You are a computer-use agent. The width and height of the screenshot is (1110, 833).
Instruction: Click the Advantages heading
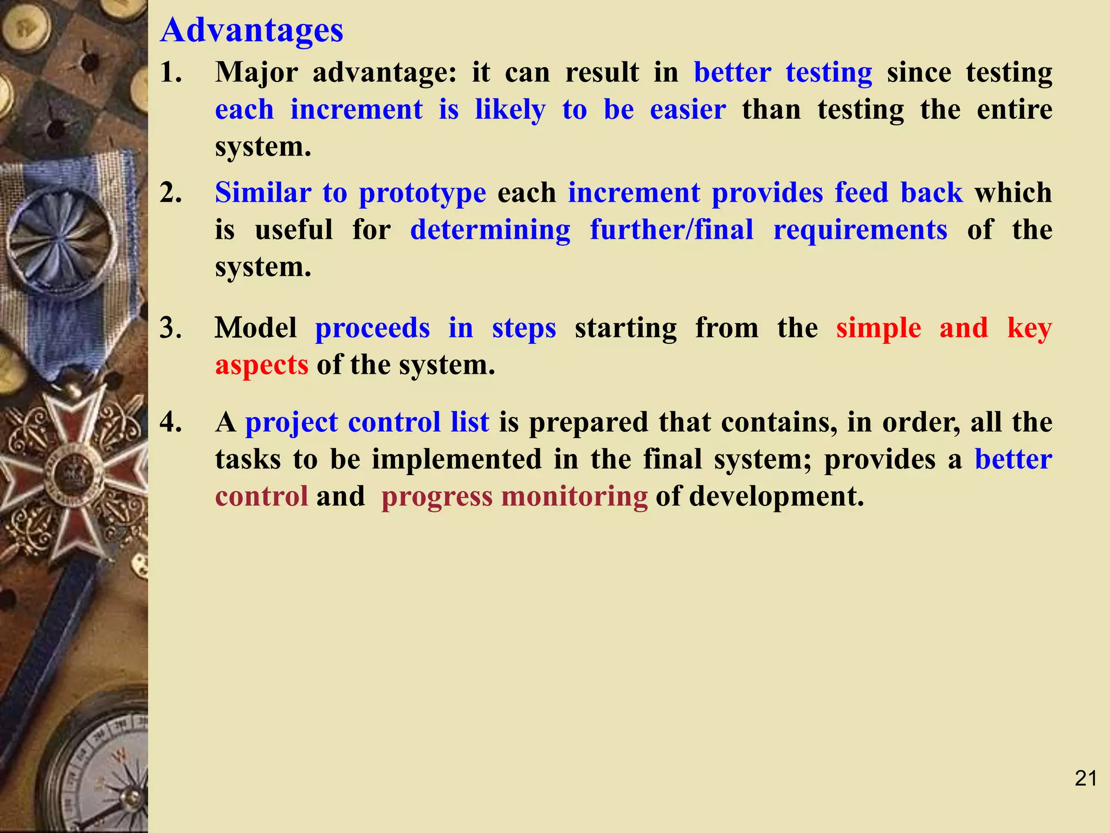click(x=252, y=30)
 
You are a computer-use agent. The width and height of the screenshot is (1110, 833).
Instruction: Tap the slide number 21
click(x=1086, y=779)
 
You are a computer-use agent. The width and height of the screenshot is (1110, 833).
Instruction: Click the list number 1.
click(x=171, y=73)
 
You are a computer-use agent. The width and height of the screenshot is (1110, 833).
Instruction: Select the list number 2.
click(x=171, y=193)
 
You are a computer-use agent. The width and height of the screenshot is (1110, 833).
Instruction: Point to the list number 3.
click(x=171, y=329)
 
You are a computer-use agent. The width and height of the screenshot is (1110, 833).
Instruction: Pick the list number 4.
click(x=171, y=422)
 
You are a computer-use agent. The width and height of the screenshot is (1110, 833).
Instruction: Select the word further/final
click(x=672, y=230)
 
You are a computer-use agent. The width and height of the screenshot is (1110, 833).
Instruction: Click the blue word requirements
click(x=860, y=230)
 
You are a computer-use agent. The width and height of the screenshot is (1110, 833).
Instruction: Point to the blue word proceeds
click(x=372, y=329)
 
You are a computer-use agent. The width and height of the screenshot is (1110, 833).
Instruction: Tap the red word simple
click(x=878, y=329)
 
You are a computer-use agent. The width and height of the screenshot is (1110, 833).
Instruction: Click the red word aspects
click(x=261, y=366)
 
